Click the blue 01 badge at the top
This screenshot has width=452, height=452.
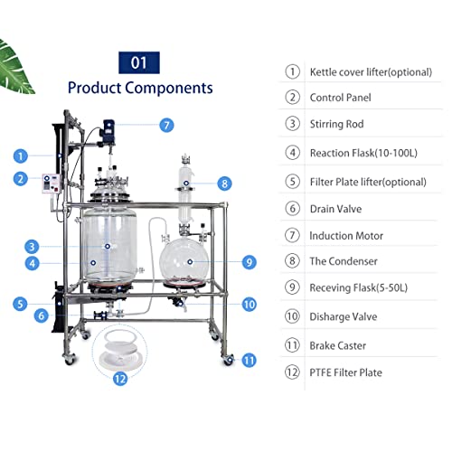coord(139,62)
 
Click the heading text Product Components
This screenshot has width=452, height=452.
coord(140,88)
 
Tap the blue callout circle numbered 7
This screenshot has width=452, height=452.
coord(166,126)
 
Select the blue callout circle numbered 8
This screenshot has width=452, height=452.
coord(224,184)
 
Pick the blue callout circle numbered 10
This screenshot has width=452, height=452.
coord(250,305)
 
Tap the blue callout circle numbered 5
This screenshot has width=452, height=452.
coord(20,304)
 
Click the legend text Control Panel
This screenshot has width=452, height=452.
coord(340,97)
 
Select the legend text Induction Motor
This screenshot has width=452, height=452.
coord(346,235)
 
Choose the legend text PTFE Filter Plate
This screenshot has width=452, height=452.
coord(345,372)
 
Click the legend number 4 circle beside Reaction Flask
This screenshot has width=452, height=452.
coord(292,153)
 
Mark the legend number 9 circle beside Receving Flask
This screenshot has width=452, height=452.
coord(292,290)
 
